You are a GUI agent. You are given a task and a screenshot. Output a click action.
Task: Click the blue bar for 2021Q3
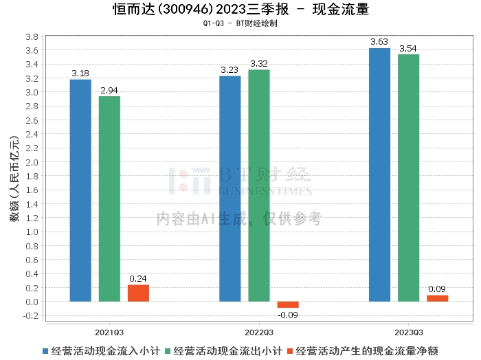coord(80,190)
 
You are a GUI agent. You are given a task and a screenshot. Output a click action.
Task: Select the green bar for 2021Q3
coord(109,199)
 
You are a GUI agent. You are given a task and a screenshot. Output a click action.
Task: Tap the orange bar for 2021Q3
coord(138,293)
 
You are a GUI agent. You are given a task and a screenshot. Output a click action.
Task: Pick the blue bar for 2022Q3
coord(230,188)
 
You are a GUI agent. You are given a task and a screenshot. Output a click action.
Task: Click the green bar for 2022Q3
coord(259,185)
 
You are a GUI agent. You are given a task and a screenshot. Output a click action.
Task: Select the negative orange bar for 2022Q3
coord(288,305)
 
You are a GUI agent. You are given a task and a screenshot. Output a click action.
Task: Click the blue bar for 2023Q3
coord(379,175)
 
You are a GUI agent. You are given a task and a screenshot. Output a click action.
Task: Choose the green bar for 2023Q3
coord(409,178)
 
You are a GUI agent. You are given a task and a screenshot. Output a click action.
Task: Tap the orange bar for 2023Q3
coord(438,298)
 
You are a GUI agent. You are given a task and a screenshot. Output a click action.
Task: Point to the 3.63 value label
coord(379,42)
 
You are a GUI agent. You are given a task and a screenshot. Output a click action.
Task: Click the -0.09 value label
coord(288,315)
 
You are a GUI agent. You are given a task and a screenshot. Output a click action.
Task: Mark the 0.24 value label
coord(138,279)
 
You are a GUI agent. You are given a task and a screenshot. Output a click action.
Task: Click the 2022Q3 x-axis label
coord(259,333)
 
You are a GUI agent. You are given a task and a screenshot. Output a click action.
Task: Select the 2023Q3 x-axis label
coord(409,333)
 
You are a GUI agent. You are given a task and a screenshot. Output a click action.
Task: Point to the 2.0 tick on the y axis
coord(32,162)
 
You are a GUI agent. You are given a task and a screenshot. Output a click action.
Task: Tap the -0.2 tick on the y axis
coord(31,316)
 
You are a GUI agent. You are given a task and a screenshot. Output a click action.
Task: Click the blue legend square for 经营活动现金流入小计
coord(45,351)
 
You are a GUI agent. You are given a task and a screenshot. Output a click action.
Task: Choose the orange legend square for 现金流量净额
coord(290,351)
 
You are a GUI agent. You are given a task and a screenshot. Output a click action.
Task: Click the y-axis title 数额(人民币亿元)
coord(14,179)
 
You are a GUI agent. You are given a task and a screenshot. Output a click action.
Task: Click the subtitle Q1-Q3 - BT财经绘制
coord(240,23)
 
